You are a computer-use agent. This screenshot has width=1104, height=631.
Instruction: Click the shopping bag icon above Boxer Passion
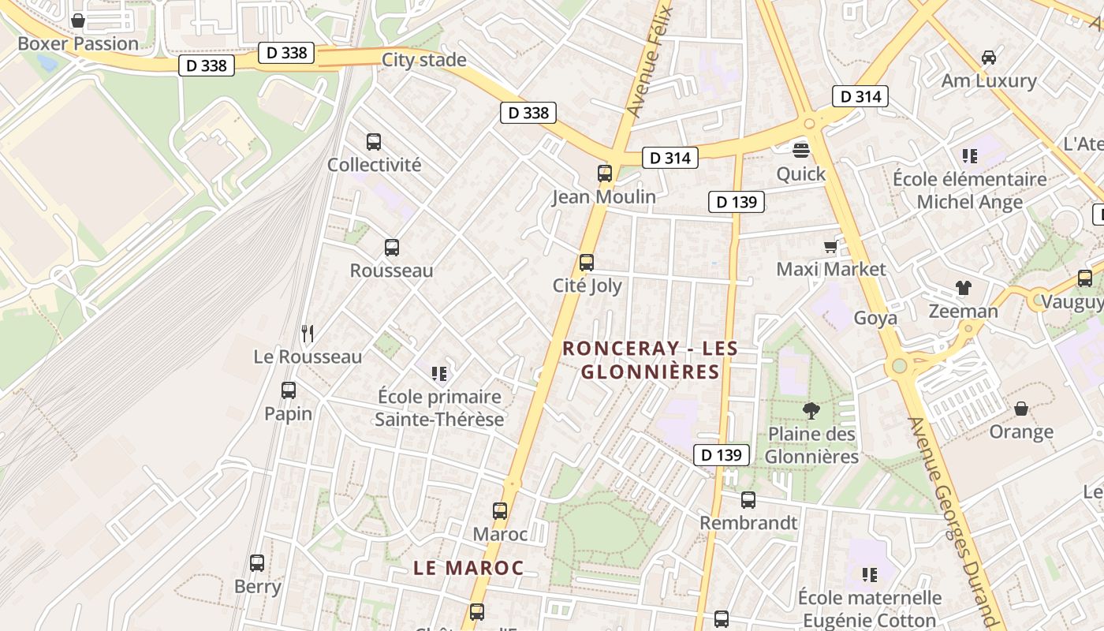tap(78, 21)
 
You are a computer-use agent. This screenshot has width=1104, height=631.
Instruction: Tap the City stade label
tap(423, 60)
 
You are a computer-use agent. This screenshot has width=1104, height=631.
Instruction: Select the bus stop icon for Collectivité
tap(374, 142)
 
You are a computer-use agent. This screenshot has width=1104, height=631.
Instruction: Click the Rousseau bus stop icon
tap(392, 248)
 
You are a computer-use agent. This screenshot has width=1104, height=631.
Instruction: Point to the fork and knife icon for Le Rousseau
tap(308, 334)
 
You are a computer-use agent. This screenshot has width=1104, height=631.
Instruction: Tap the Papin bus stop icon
tap(289, 390)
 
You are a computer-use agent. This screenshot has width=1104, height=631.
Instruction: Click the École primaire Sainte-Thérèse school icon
tap(439, 373)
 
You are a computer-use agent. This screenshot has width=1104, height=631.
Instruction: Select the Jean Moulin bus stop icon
tap(605, 174)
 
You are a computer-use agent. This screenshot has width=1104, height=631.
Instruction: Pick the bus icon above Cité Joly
tap(587, 263)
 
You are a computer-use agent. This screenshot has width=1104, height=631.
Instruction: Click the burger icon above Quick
tap(801, 151)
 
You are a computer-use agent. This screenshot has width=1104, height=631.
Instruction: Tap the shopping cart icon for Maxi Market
tap(830, 247)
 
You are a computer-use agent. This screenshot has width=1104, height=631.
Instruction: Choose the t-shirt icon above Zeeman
tap(963, 288)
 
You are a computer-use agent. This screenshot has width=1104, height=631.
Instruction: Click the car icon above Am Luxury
tap(988, 58)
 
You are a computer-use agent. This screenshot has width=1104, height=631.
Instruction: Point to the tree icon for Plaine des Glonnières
tap(811, 410)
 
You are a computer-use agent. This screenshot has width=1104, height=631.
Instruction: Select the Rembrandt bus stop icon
tap(748, 500)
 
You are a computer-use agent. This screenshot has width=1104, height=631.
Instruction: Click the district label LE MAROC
tap(468, 568)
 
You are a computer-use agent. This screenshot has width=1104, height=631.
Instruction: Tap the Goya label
tap(875, 318)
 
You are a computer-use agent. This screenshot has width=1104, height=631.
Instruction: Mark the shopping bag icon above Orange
tap(1021, 409)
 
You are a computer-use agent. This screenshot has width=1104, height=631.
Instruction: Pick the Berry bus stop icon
tap(257, 563)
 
